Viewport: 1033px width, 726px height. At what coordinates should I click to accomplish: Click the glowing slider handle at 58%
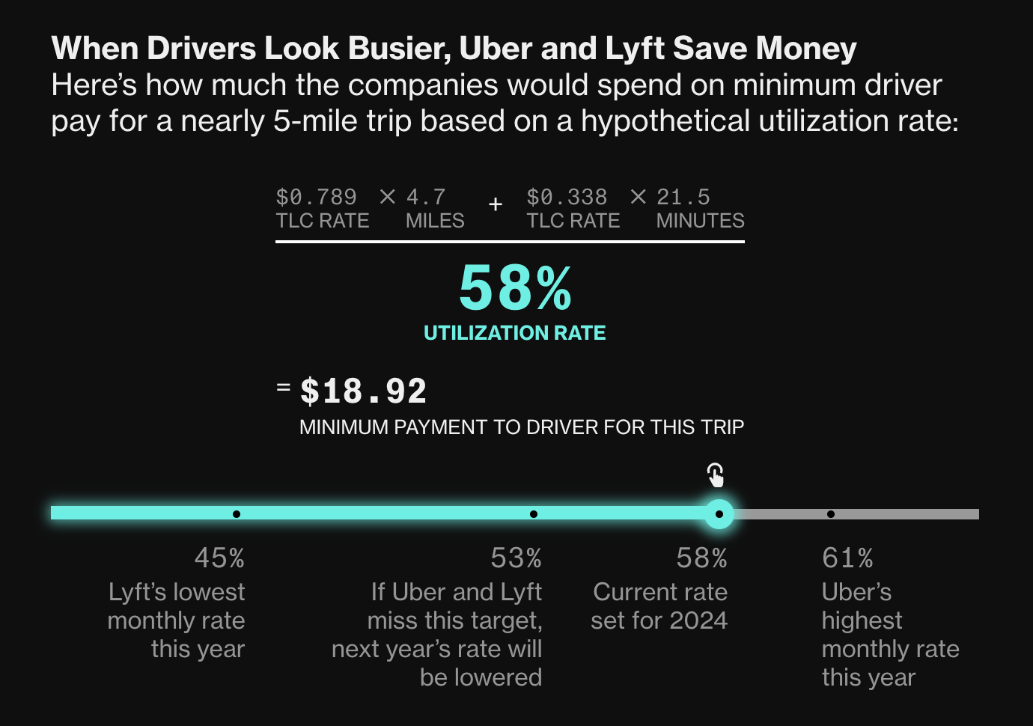[719, 514]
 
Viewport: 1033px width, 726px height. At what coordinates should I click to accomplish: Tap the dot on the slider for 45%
[237, 514]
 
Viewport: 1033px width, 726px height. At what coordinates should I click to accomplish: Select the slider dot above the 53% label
[533, 514]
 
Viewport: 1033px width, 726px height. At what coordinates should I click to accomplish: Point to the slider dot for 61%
[831, 514]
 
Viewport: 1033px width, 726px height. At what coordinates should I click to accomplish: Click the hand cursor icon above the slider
[716, 475]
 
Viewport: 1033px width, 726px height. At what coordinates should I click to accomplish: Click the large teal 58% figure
[515, 289]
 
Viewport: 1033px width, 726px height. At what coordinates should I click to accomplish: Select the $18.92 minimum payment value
[363, 391]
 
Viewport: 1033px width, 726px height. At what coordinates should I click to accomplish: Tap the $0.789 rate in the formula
[316, 198]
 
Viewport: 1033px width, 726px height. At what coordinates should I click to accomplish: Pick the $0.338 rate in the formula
[567, 198]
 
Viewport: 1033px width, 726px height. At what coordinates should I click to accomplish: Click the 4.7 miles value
[426, 198]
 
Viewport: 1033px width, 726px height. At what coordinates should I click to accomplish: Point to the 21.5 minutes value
[683, 198]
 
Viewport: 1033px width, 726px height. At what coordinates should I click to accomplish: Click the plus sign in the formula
[495, 204]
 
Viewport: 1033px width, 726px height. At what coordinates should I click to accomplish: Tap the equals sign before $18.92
[283, 387]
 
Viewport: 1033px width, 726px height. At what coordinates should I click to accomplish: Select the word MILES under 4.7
[435, 221]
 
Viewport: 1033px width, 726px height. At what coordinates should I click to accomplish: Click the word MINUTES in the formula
[700, 221]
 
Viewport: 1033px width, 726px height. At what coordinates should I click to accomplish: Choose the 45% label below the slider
[219, 558]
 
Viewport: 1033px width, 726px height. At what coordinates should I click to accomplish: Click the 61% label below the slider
[847, 558]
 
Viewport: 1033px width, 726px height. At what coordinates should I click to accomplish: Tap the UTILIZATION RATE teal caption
[515, 333]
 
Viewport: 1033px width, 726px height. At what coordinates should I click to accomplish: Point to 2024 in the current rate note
[698, 620]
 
